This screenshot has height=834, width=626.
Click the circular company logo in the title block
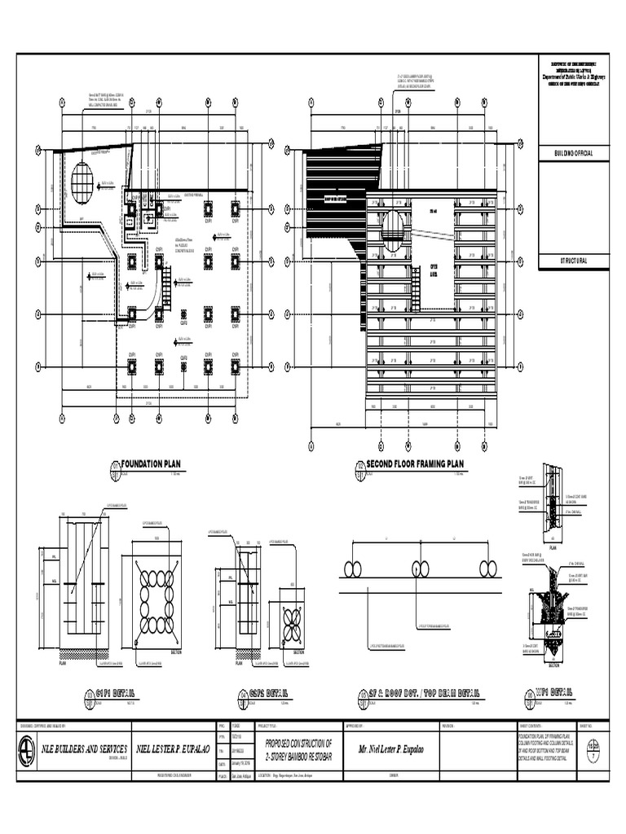(29, 749)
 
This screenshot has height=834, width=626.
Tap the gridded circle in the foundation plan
(82, 182)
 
